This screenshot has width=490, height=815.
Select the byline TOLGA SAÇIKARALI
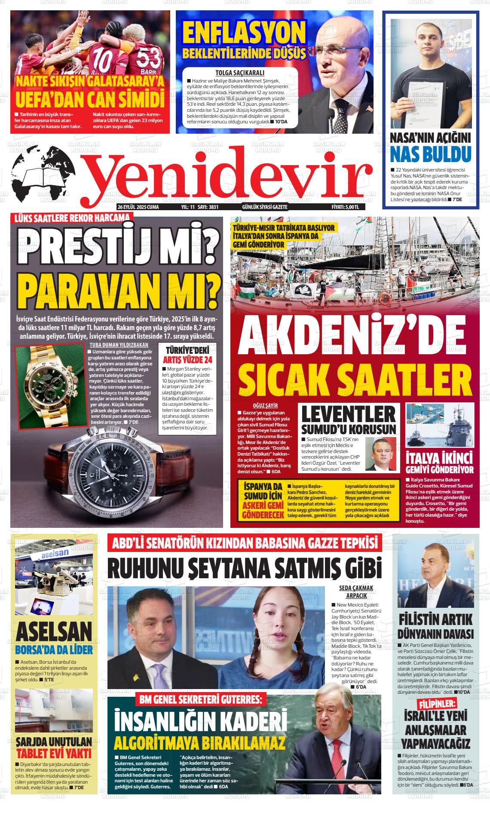point(240,73)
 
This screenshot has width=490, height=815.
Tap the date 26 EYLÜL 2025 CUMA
point(138,207)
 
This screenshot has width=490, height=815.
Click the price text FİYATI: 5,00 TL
point(348,207)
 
